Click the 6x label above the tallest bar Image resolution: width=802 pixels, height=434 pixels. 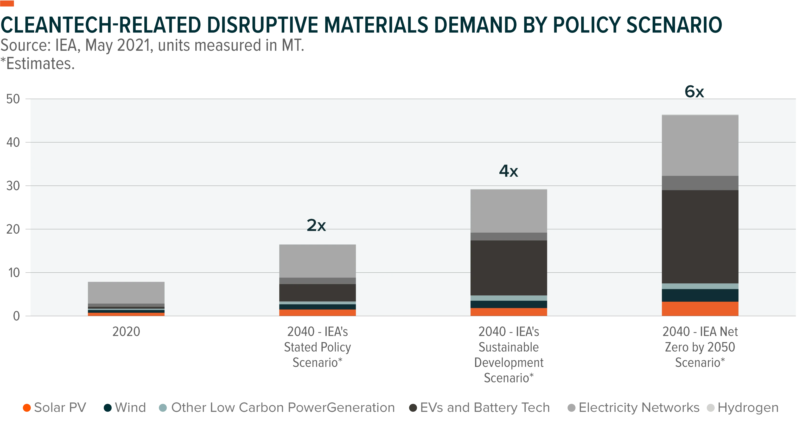(694, 92)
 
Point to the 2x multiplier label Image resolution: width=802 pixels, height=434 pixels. (316, 225)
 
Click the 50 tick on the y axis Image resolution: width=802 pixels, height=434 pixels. (13, 99)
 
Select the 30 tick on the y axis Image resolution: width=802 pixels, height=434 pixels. (13, 186)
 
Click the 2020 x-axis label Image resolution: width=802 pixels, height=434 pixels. (126, 332)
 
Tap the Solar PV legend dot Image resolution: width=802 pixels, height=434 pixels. (27, 408)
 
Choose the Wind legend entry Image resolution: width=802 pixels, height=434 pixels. (125, 408)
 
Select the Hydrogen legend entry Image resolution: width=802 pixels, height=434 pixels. (743, 408)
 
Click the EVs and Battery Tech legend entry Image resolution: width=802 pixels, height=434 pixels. (479, 408)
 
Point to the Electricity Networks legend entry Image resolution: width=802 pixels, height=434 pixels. (634, 408)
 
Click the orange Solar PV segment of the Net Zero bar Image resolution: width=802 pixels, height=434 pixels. (700, 309)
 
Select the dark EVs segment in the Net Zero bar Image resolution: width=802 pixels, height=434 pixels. (700, 237)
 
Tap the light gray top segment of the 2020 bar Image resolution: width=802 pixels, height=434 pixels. (126, 293)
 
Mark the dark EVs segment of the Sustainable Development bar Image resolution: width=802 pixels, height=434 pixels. (509, 268)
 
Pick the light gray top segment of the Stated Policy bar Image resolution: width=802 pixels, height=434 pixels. (318, 261)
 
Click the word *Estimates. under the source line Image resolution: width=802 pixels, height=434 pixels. (38, 64)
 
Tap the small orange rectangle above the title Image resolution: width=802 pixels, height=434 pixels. (7, 3)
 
